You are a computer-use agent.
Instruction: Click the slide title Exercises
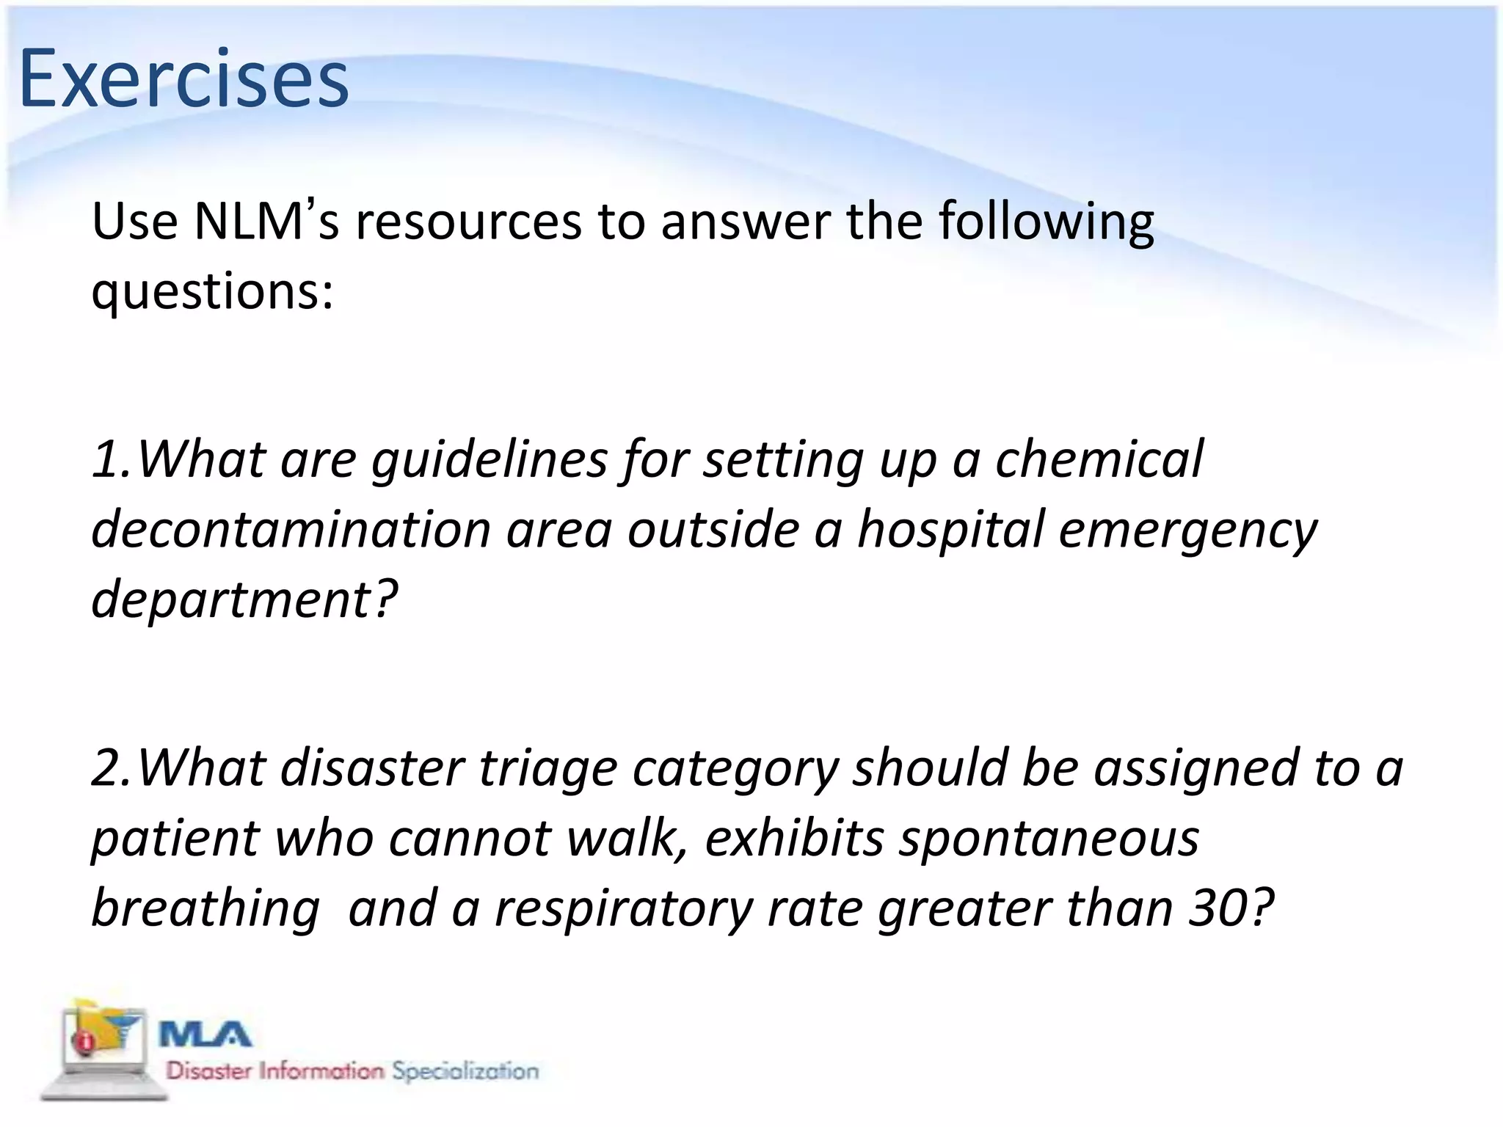(x=183, y=79)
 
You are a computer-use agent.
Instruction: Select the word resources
(x=468, y=222)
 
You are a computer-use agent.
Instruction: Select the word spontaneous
(x=1049, y=839)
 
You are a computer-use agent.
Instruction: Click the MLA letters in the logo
(x=206, y=1035)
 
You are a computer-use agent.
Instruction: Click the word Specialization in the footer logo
(x=465, y=1071)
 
